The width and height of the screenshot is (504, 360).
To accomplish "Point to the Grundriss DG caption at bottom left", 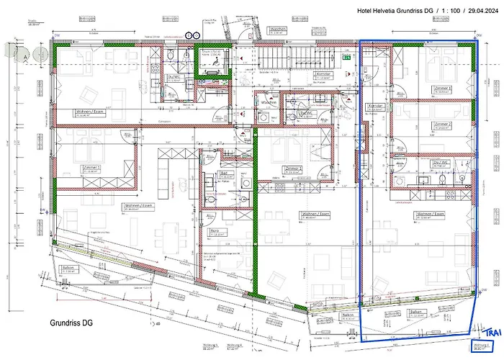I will tap(71, 323).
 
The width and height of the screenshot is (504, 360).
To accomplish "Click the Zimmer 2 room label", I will tap(441, 124).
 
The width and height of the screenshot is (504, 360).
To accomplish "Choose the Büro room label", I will tap(214, 232).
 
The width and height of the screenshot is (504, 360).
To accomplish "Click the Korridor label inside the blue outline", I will tap(375, 106).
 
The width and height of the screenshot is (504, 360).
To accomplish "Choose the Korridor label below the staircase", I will tap(323, 74).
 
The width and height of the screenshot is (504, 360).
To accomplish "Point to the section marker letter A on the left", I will tap(26, 55).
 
